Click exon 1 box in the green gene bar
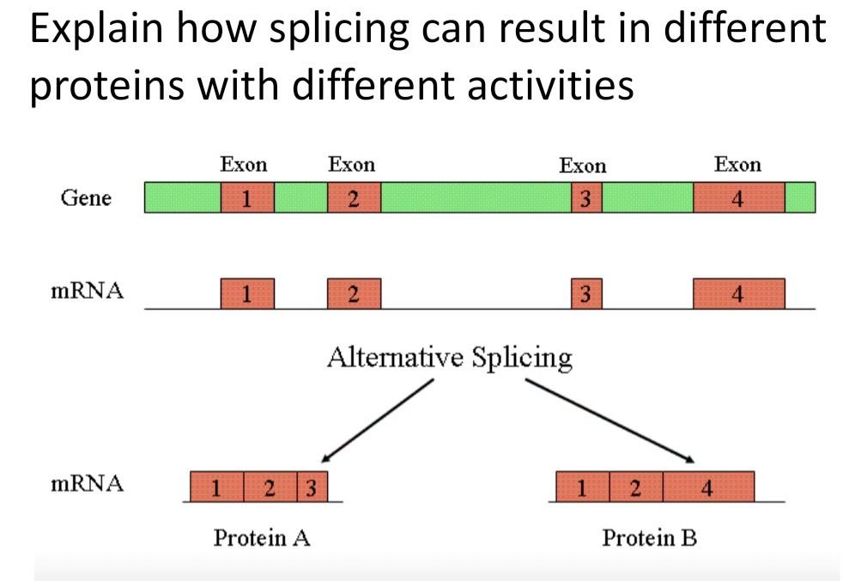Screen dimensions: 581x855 247,198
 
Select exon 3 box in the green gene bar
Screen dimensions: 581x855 586,198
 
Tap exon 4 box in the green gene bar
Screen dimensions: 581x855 738,198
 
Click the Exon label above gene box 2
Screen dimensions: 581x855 351,164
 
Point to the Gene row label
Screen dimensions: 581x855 85,198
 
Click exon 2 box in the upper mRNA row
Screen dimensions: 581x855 354,294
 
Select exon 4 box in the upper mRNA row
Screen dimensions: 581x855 738,294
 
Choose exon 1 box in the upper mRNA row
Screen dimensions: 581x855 247,294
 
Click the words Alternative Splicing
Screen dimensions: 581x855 449,356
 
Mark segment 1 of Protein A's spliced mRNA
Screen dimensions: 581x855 216,487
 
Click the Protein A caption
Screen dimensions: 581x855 261,538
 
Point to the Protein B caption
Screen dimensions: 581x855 649,538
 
